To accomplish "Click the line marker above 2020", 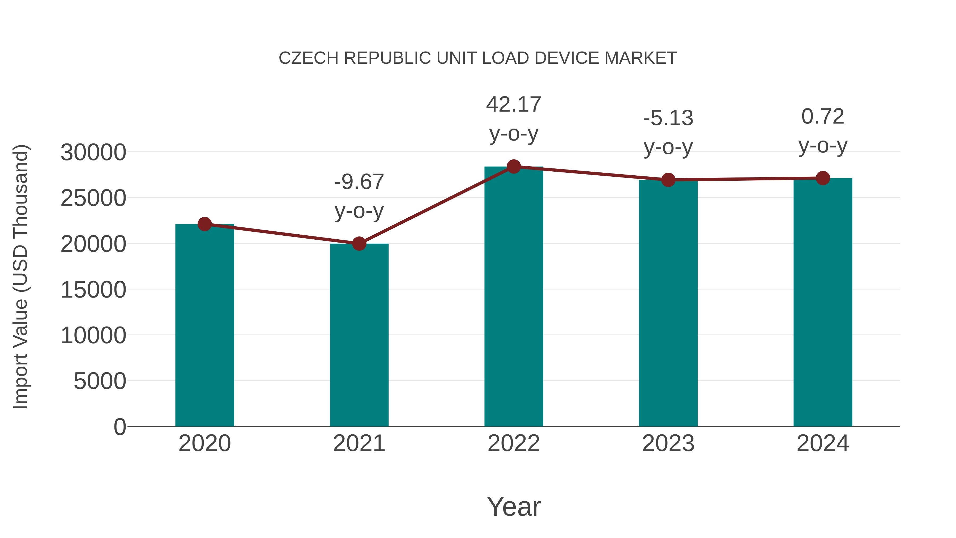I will [204, 224].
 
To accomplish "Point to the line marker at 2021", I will [359, 244].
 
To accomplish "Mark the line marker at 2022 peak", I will [514, 167].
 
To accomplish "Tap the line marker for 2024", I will [823, 178].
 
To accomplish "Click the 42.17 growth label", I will [514, 105].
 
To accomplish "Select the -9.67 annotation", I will [359, 182].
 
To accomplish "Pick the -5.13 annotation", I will [668, 118].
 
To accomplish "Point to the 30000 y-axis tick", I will [93, 152].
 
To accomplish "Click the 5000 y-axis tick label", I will [100, 381].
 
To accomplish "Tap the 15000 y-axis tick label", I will [93, 290].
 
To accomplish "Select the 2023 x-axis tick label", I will [668, 443].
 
